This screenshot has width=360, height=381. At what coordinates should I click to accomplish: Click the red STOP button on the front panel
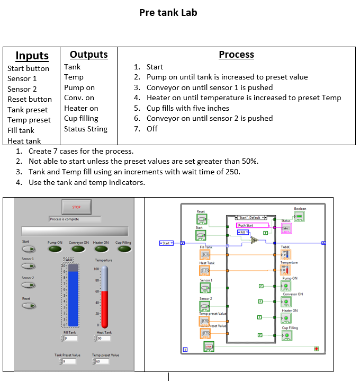pyautogui.click(x=76, y=207)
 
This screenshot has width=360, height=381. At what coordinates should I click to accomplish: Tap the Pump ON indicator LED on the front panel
pyautogui.click(x=56, y=249)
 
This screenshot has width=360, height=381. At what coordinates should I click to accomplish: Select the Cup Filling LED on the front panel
pyautogui.click(x=123, y=249)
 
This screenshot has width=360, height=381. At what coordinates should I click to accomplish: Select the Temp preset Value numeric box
pyautogui.click(x=102, y=361)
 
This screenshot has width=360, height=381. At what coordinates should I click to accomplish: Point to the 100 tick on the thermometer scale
pyautogui.click(x=97, y=269)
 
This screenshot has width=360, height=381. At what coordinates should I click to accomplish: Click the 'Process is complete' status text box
pyautogui.click(x=75, y=219)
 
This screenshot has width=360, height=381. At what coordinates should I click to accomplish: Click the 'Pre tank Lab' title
pyautogui.click(x=168, y=12)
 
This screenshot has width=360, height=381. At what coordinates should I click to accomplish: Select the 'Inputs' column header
pyautogui.click(x=32, y=56)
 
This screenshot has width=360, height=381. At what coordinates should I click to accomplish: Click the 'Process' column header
pyautogui.click(x=236, y=55)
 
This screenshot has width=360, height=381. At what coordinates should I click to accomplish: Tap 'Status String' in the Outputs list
pyautogui.click(x=85, y=129)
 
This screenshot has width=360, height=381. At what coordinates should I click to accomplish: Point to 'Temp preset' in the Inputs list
pyautogui.click(x=29, y=120)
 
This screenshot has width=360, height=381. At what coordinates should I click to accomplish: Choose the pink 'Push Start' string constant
pyautogui.click(x=252, y=225)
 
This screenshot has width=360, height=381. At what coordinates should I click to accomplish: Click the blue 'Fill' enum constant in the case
pyautogui.click(x=243, y=232)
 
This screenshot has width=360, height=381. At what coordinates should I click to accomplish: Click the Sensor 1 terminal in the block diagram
pyautogui.click(x=205, y=288)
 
